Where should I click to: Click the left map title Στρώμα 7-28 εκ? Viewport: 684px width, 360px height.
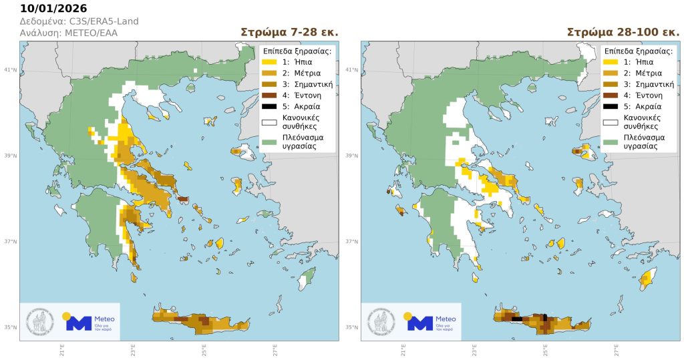289,32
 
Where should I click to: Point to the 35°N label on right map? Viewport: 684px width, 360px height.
353,327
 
